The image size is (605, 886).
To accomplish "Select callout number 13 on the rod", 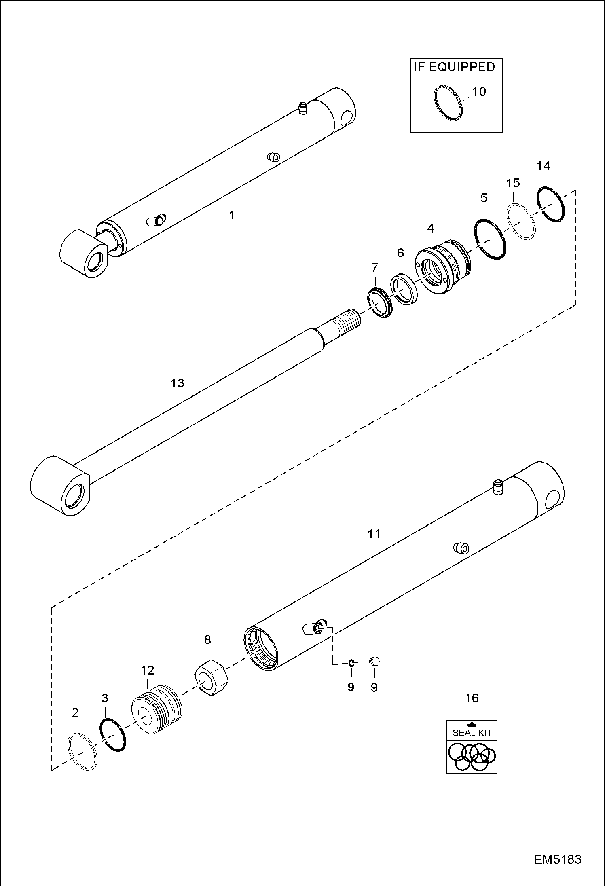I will (x=178, y=383).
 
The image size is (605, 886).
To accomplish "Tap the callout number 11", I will (x=374, y=534).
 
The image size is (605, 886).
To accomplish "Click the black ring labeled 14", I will (x=551, y=205).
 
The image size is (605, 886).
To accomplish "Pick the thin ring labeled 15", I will (x=521, y=221).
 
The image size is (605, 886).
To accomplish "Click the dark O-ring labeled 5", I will (x=490, y=239).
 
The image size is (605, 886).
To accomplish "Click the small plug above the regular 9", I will (x=374, y=661).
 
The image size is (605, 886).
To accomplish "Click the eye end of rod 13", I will (x=61, y=485).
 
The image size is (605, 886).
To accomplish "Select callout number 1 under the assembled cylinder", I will (x=232, y=215).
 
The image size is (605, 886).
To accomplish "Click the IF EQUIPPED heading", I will (x=454, y=67).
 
